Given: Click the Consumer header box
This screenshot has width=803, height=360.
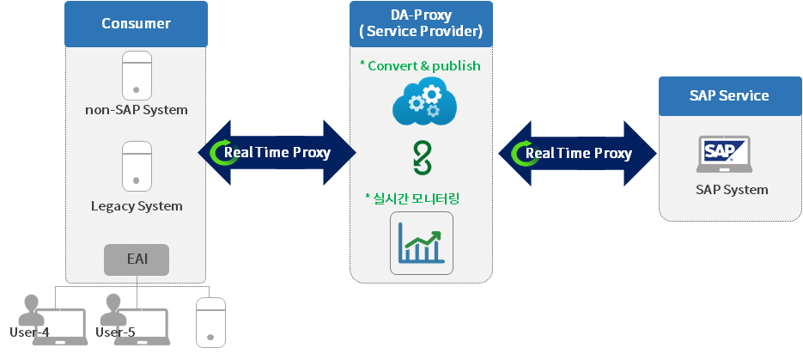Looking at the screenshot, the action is click(x=136, y=24).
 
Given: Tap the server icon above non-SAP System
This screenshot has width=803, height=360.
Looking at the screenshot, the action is click(x=137, y=76).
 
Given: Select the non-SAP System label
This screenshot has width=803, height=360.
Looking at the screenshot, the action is click(x=137, y=110).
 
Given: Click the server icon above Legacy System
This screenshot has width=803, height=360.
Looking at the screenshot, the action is click(x=137, y=166).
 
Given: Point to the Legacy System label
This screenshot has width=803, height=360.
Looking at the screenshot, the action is click(x=137, y=206).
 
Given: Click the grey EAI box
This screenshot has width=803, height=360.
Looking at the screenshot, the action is click(x=137, y=259).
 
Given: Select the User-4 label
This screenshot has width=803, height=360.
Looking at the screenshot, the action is click(x=29, y=332).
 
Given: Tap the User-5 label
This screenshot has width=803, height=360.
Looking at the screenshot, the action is click(x=115, y=332).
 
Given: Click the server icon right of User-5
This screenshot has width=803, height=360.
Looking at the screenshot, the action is click(x=210, y=322).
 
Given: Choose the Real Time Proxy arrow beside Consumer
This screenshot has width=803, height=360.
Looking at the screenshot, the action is click(x=277, y=153).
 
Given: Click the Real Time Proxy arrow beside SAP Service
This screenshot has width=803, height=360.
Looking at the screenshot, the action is click(x=578, y=153).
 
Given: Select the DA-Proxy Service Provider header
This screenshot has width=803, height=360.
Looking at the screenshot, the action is click(x=421, y=24).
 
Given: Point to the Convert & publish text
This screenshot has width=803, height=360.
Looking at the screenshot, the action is click(x=421, y=65).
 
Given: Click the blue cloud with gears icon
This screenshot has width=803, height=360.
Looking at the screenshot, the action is click(x=424, y=101).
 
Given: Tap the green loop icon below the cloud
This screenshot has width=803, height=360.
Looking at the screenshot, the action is click(x=423, y=159).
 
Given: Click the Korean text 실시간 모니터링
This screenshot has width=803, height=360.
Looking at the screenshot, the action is click(x=412, y=198).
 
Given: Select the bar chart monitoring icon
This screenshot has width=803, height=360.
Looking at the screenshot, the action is click(x=422, y=243).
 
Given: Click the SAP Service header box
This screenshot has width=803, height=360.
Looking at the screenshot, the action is click(x=730, y=95).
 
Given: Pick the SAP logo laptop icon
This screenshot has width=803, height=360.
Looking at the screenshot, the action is click(x=724, y=154).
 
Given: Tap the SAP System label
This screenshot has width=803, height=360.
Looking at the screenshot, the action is click(x=732, y=190).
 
